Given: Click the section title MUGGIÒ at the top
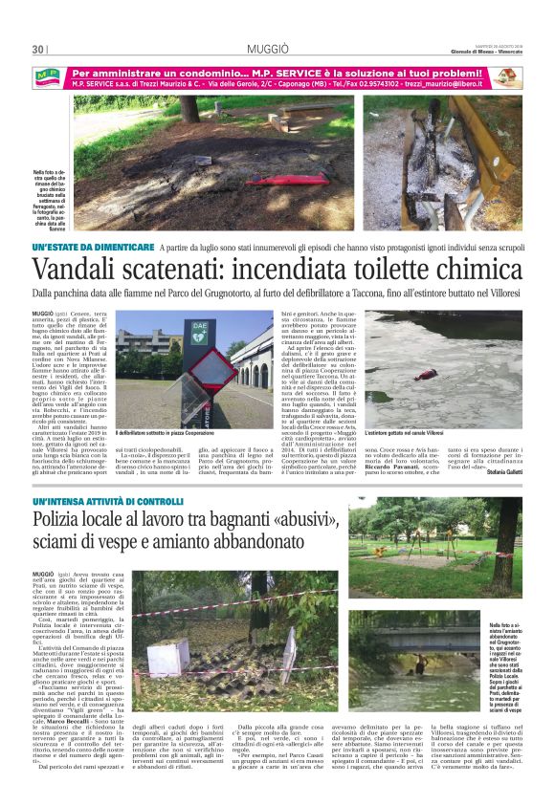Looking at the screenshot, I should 277,48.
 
